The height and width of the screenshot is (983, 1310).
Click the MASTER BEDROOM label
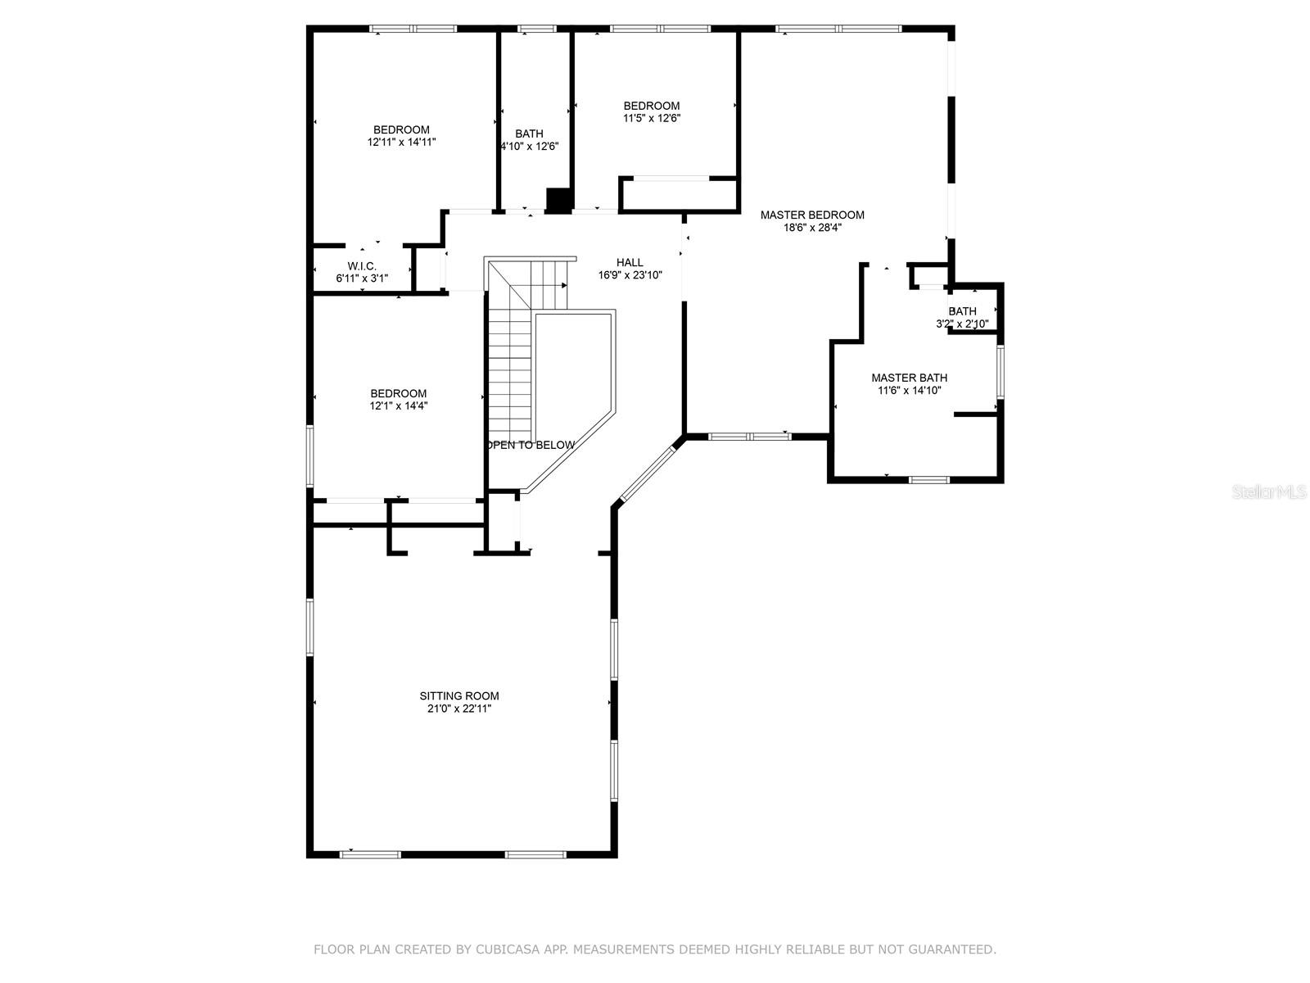tap(811, 215)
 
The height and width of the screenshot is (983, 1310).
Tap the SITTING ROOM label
tap(459, 696)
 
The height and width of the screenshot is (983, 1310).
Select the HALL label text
tap(630, 263)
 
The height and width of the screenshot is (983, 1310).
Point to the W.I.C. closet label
tap(362, 266)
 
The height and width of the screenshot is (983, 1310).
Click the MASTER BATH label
tap(909, 378)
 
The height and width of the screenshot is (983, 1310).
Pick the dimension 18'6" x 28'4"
tap(811, 228)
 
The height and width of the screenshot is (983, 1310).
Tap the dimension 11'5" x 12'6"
tap(652, 118)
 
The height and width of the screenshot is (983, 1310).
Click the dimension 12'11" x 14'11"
tap(401, 142)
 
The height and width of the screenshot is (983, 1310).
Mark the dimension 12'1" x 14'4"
tap(398, 405)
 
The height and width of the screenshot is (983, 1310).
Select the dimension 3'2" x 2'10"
tap(962, 324)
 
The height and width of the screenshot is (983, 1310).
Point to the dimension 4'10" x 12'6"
tap(530, 147)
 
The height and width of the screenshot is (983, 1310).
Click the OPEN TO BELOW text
tap(530, 445)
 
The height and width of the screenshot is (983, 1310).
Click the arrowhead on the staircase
tap(564, 285)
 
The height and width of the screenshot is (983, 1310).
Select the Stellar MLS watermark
tap(1268, 492)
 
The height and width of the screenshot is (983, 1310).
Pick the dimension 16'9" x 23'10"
tap(630, 275)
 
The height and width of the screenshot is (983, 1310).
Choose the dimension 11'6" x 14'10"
tap(909, 391)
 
